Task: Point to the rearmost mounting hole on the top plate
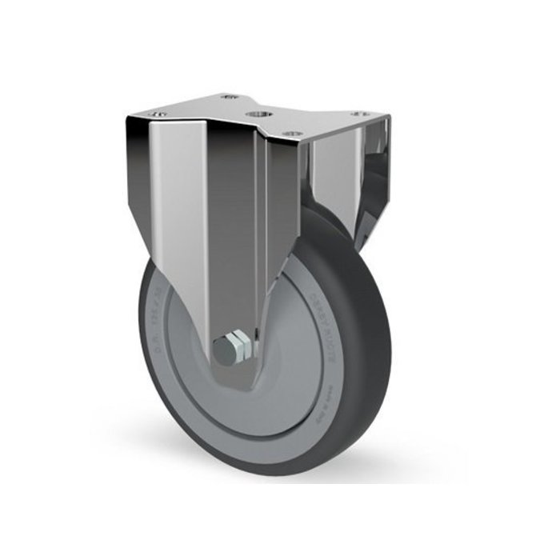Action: (x=230, y=96)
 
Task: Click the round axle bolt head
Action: (x=223, y=350)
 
